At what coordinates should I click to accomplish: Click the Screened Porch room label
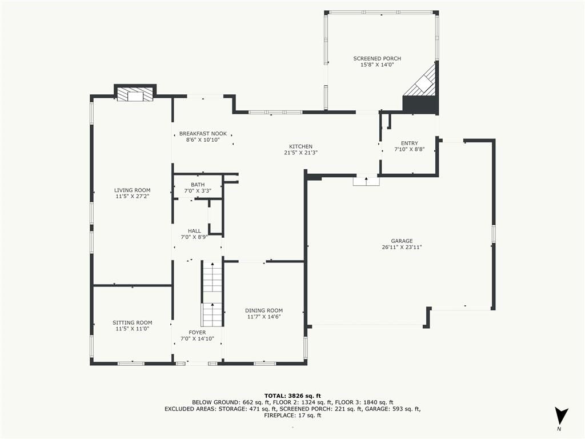point(377,59)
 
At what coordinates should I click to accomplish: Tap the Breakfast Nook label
point(203,134)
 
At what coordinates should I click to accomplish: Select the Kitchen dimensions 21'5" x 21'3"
point(300,153)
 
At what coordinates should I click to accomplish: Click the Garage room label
point(402,241)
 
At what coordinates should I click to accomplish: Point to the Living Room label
point(133,190)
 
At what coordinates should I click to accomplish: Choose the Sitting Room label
point(133,323)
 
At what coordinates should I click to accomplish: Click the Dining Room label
point(264,310)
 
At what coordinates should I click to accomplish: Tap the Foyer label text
point(197,333)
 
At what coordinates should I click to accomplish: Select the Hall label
point(194,231)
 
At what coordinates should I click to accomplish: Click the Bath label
point(198,185)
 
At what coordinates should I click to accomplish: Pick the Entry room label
point(410,143)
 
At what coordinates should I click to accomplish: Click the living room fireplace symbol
point(135,94)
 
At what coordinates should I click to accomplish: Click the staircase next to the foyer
point(213,294)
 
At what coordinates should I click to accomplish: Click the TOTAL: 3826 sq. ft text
point(292,396)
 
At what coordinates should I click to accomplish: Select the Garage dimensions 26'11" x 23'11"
point(402,247)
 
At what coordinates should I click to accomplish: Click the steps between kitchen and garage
point(366,181)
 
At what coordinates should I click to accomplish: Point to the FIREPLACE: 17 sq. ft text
point(292,415)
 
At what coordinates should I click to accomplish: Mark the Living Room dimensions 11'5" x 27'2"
point(133,197)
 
